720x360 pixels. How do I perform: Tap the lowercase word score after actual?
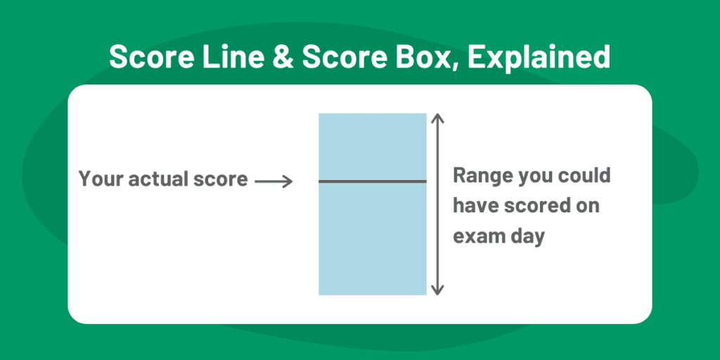pos(221,179)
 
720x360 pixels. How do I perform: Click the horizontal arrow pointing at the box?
pos(274,181)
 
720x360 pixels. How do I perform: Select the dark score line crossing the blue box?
pos(373,181)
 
